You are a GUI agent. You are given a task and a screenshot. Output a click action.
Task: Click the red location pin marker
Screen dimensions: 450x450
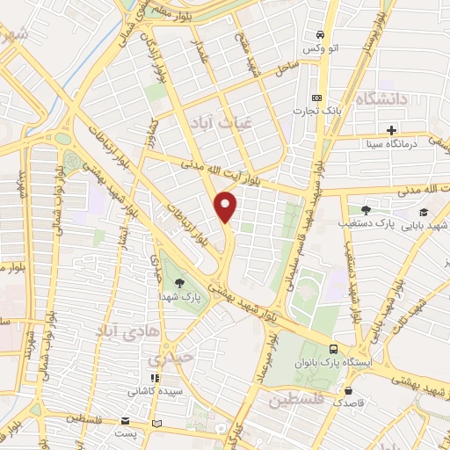(226, 207)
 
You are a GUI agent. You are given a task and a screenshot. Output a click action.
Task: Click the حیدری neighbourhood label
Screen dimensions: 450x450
(168, 359)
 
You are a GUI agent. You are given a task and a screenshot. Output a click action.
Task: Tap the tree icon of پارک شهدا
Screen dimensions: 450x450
(180, 282)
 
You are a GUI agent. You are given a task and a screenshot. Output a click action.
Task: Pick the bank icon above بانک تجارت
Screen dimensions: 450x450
(316, 98)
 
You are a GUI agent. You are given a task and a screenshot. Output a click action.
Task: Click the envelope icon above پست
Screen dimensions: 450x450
(125, 422)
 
